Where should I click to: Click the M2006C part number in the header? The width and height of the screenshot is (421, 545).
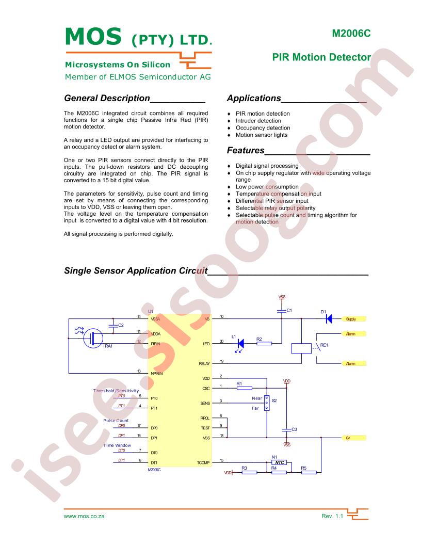click(351, 34)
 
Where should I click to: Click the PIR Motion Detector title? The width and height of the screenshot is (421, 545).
click(321, 57)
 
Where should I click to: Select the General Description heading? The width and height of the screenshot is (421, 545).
click(107, 99)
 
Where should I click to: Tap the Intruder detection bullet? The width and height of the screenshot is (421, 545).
click(258, 121)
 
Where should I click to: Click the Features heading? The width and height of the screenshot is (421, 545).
click(246, 151)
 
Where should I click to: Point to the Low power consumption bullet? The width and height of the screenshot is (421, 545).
click(267, 187)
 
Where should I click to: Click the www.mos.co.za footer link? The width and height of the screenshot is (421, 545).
click(84, 516)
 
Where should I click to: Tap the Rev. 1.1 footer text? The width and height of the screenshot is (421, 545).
click(332, 516)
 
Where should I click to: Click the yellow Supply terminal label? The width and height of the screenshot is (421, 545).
click(354, 319)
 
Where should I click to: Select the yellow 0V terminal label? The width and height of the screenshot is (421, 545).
click(354, 438)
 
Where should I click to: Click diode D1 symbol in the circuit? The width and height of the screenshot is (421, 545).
click(329, 319)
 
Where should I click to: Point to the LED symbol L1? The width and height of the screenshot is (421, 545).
click(240, 344)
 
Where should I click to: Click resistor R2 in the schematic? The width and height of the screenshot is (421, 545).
click(264, 344)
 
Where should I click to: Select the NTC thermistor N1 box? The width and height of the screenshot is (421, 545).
click(279, 462)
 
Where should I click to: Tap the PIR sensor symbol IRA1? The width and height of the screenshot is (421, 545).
click(93, 338)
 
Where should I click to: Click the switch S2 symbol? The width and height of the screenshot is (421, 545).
click(267, 403)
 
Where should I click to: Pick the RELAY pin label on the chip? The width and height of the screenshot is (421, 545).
click(204, 363)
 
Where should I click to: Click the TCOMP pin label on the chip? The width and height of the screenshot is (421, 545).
click(203, 463)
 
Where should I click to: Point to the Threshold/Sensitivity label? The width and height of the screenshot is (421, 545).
click(116, 391)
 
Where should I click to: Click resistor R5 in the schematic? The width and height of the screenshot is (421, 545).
click(309, 472)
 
